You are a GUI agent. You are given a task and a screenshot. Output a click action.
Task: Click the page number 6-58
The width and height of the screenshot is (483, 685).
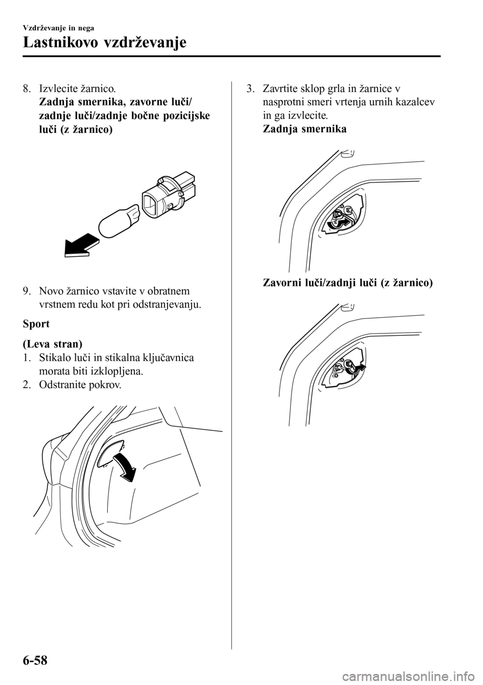(x=35, y=660)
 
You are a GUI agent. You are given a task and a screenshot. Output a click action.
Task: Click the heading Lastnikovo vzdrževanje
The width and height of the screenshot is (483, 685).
(x=104, y=42)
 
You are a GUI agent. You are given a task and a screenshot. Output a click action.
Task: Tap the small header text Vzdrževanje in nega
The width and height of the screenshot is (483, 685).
(x=58, y=28)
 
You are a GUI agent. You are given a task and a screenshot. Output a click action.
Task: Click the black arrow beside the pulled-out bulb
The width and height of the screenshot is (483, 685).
(x=82, y=244)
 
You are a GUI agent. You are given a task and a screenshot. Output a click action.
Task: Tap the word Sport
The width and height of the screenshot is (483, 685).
(x=36, y=323)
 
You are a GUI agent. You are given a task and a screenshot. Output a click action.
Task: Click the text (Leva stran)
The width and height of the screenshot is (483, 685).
(x=52, y=344)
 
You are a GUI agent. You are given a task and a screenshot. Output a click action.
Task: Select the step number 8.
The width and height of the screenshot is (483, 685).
(x=26, y=89)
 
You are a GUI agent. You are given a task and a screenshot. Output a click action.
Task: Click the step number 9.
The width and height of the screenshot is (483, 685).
(x=26, y=291)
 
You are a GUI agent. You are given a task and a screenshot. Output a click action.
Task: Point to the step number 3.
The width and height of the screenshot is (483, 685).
(x=250, y=89)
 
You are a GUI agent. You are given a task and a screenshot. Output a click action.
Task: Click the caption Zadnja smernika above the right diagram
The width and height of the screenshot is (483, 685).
(x=305, y=129)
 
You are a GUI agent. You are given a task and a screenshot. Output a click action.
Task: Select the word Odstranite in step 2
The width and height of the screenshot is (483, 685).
(x=62, y=385)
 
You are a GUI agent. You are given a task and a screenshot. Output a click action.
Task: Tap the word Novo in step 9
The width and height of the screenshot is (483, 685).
(x=50, y=291)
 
